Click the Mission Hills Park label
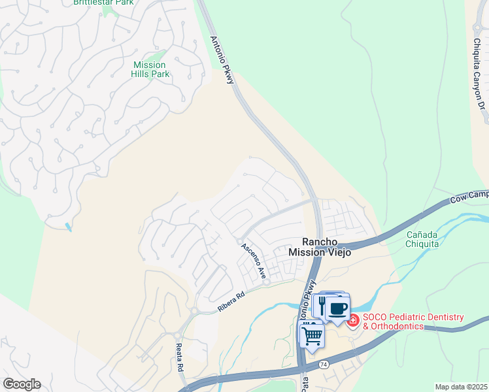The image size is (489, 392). (x=151, y=69)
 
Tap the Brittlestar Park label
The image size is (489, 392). (x=103, y=3)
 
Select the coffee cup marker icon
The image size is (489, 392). (x=338, y=308)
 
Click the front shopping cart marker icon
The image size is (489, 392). (x=312, y=335)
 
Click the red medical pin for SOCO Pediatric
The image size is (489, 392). (x=353, y=320)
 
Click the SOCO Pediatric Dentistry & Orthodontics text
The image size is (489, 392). (x=413, y=321)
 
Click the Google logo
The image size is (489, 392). (x=22, y=384)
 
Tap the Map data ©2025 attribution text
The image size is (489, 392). (x=461, y=387)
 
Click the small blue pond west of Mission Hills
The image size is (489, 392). (x=69, y=227)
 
